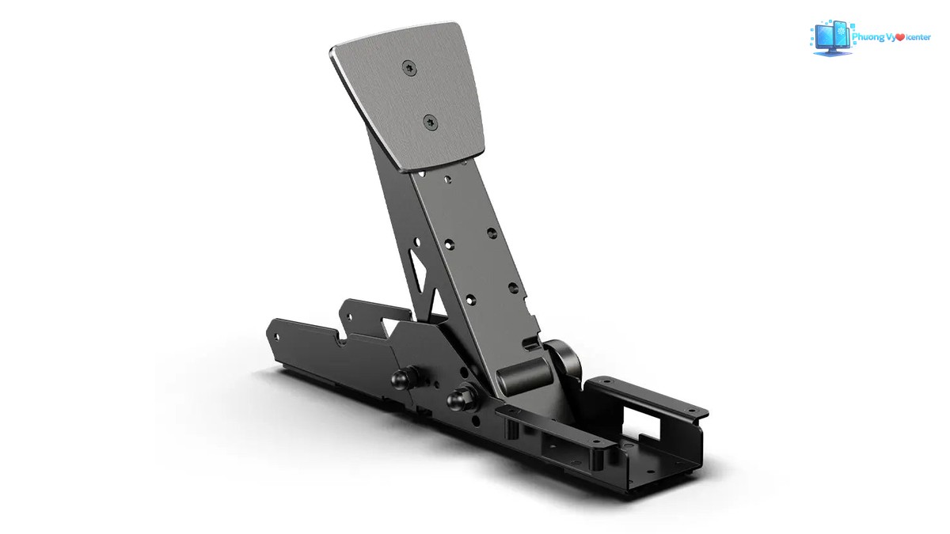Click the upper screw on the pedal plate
coord(409,68)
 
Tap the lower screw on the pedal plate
coord(431,123)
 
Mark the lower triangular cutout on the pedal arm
coord(438,304)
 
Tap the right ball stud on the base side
coord(459,399)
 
